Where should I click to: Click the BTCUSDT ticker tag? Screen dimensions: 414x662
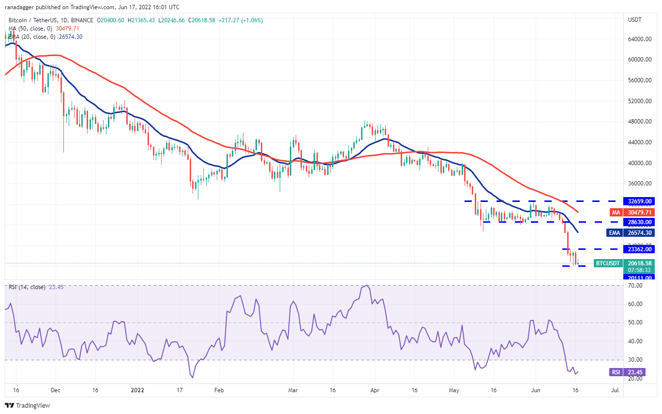[607, 263]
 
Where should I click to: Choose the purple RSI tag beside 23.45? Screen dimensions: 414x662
[615, 372]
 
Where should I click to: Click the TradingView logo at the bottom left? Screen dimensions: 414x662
[28, 405]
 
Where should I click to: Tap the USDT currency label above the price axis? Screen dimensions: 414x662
[634, 20]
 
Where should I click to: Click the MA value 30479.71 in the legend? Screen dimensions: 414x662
[68, 29]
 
